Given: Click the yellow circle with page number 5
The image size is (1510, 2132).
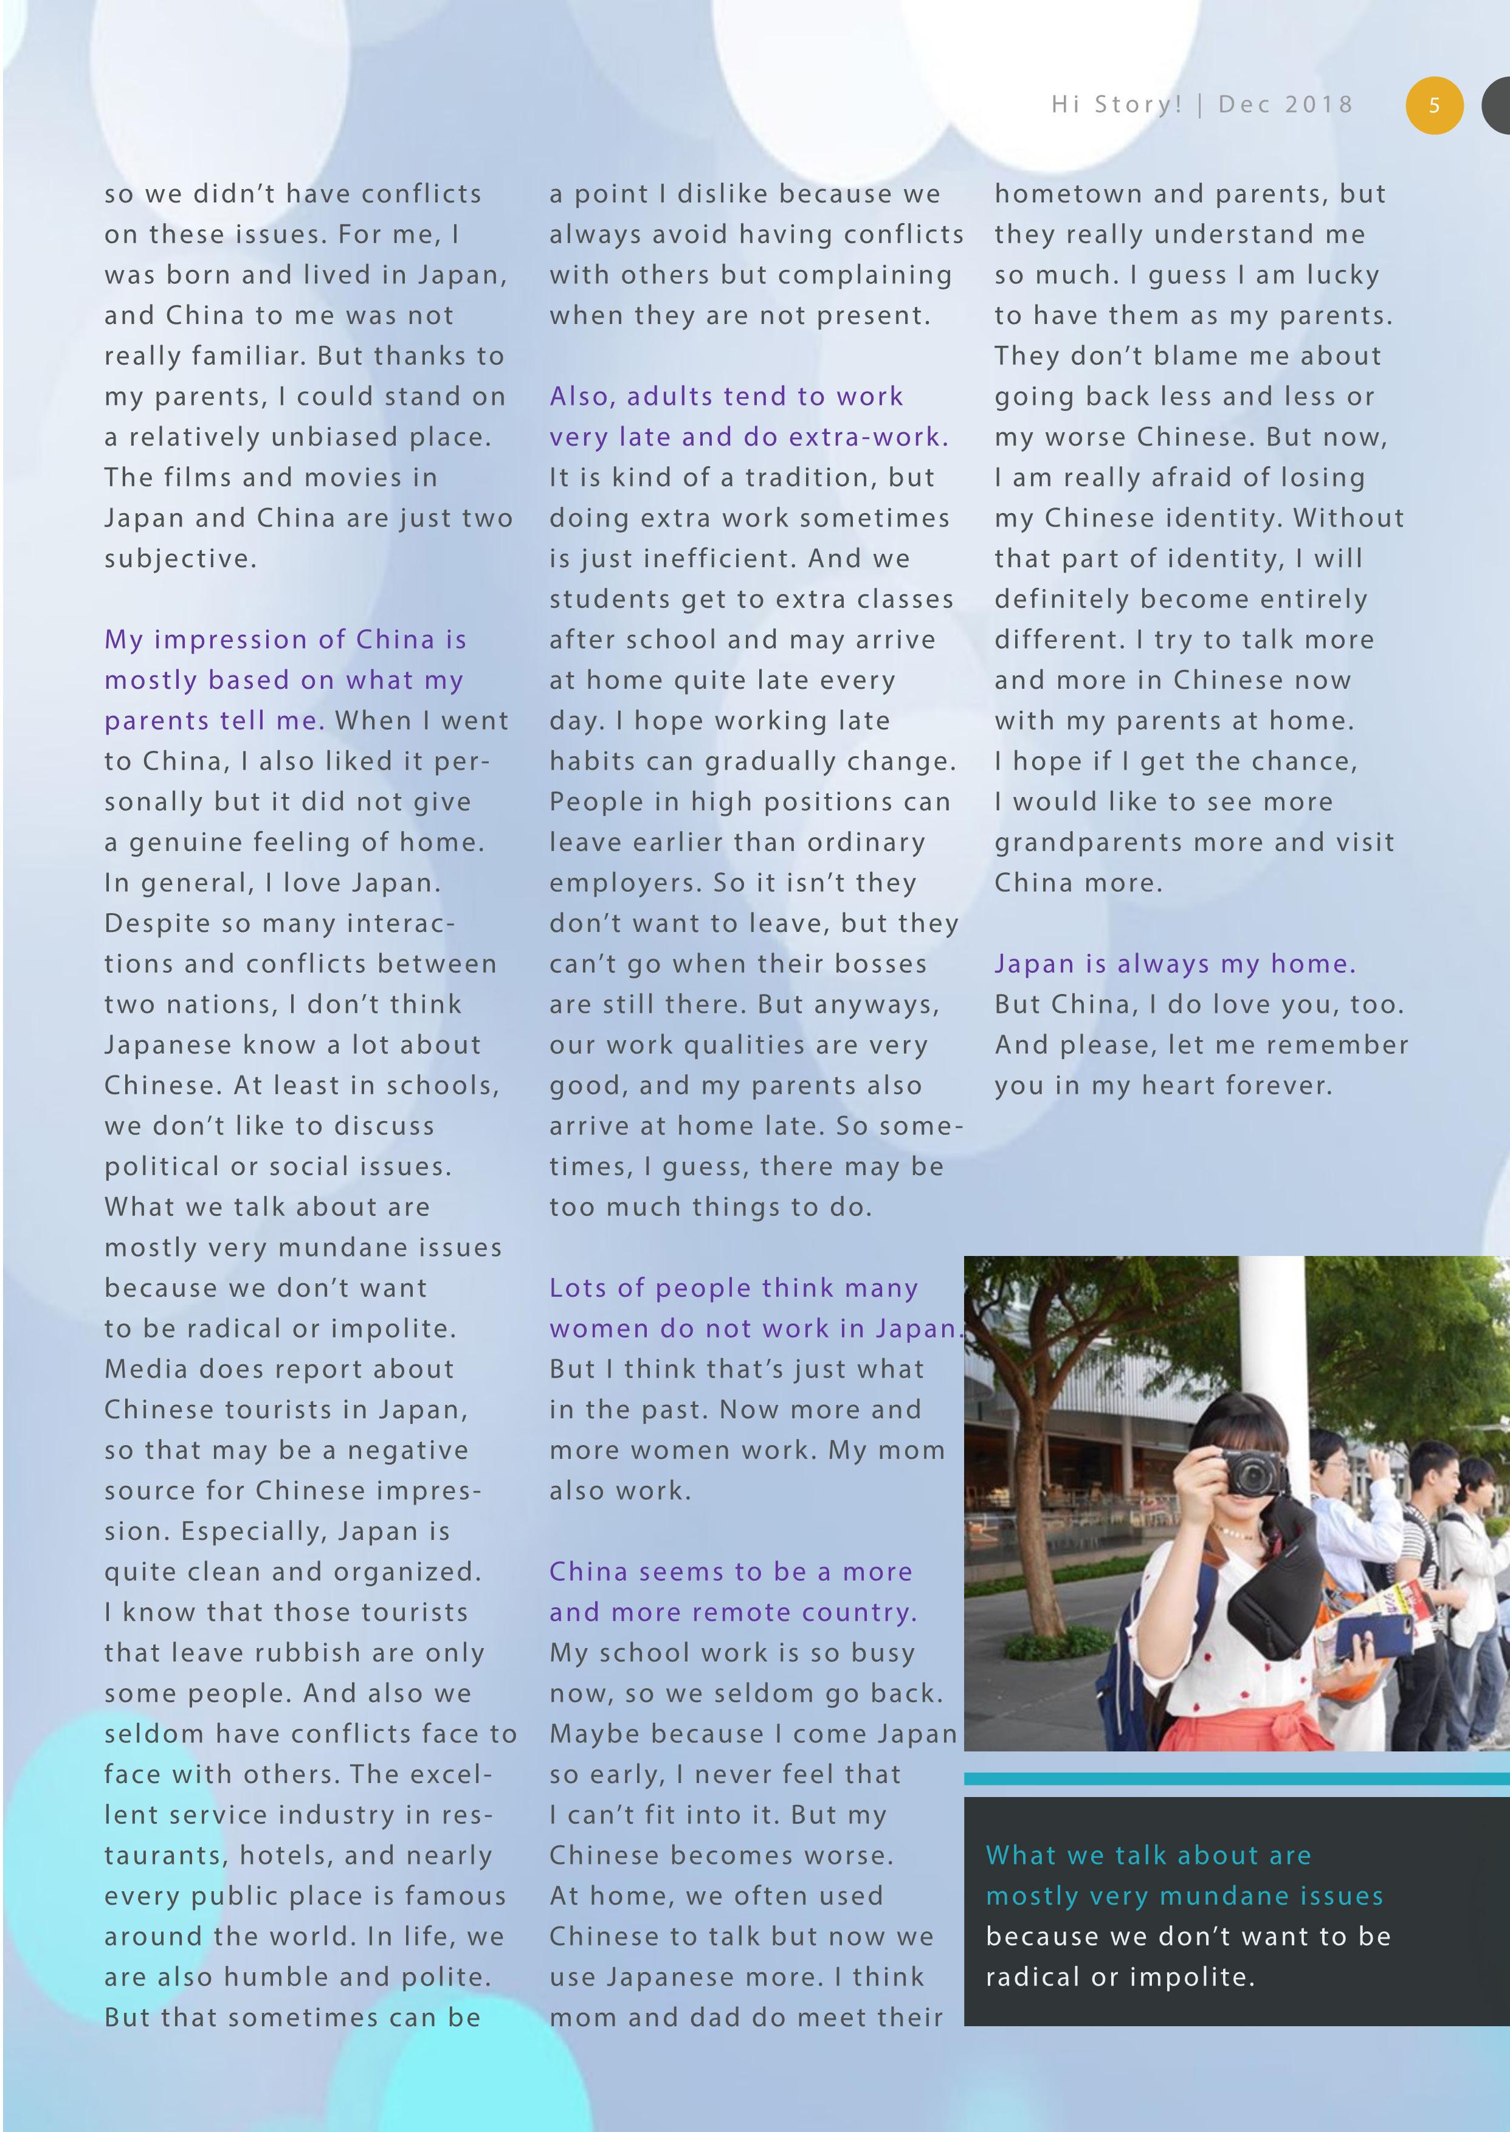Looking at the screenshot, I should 1434,105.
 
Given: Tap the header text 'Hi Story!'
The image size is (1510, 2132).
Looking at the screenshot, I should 1115,104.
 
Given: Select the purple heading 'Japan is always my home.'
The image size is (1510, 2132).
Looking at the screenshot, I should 1174,964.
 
